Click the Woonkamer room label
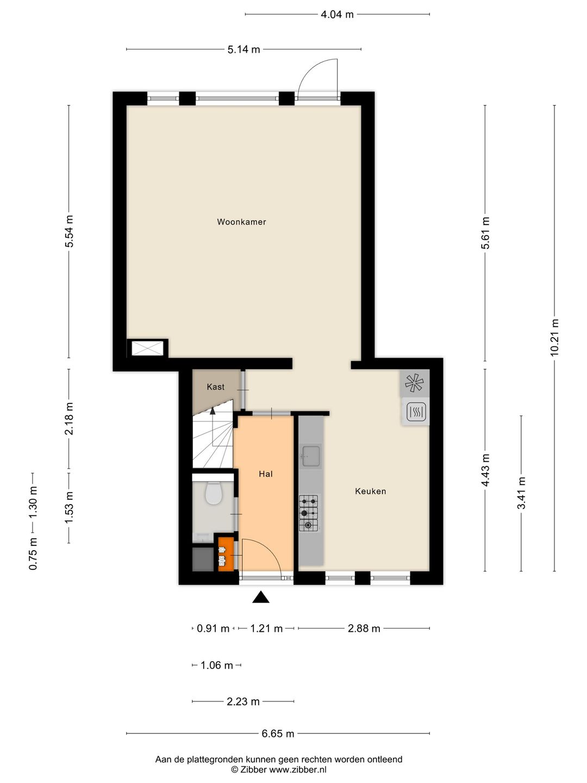pyautogui.click(x=241, y=222)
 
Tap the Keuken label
pyautogui.click(x=370, y=491)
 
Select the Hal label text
pyautogui.click(x=266, y=474)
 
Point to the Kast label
pyautogui.click(x=216, y=387)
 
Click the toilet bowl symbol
pyautogui.click(x=214, y=493)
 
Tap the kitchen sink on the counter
pyautogui.click(x=311, y=456)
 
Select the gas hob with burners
pyautogui.click(x=309, y=513)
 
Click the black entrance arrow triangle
pyautogui.click(x=260, y=597)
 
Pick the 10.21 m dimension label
pyautogui.click(x=554, y=338)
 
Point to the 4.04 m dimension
pyautogui.click(x=337, y=15)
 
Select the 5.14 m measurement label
pyautogui.click(x=244, y=49)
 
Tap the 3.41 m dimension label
pyautogui.click(x=521, y=493)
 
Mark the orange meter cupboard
pyautogui.click(x=226, y=554)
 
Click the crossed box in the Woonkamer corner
pyautogui.click(x=147, y=348)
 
